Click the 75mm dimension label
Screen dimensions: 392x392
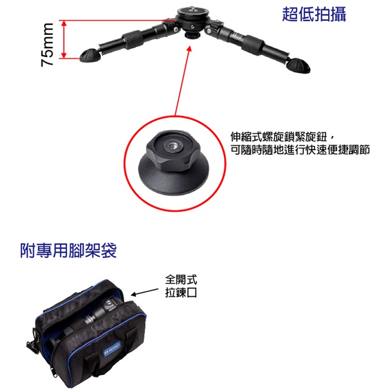click(47, 45)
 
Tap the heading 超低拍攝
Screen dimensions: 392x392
click(314, 14)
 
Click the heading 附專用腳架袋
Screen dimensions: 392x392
click(68, 250)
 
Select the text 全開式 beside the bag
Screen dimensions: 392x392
click(181, 279)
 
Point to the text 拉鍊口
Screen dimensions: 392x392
click(181, 292)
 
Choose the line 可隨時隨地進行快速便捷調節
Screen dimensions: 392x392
click(300, 150)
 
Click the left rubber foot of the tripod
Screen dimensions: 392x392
click(91, 55)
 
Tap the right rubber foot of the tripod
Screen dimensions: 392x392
click(298, 66)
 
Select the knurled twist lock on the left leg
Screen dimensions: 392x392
click(133, 39)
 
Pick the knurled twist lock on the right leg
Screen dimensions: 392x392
click(253, 44)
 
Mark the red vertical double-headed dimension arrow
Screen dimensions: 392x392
click(64, 39)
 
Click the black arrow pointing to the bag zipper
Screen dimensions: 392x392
click(144, 292)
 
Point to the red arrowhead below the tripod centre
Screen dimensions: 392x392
click(189, 49)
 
